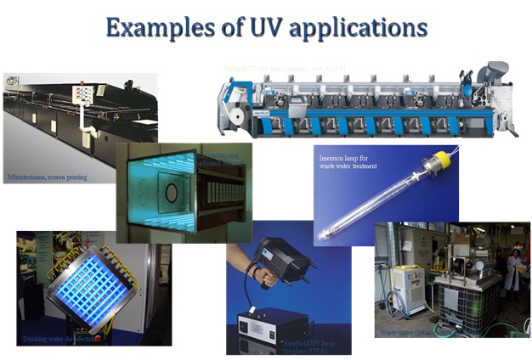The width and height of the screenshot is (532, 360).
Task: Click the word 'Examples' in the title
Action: [x=162, y=27]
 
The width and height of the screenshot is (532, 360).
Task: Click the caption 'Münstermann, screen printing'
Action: [x=48, y=177]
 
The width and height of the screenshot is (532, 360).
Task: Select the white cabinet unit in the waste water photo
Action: [x=406, y=289]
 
